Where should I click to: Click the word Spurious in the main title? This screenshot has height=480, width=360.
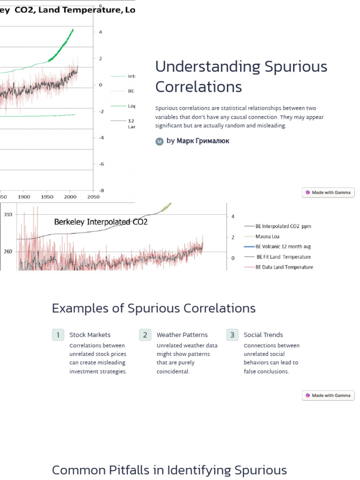[296, 67]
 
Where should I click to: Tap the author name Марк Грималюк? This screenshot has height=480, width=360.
[203, 141]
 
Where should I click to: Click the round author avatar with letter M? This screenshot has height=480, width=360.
[159, 141]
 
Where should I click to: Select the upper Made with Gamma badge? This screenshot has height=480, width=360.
[328, 192]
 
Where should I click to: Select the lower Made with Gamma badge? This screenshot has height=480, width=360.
[328, 395]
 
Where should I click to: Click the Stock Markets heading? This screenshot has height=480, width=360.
[90, 335]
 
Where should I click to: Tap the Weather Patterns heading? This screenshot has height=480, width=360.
[182, 335]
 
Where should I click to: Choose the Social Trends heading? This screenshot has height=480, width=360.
[263, 335]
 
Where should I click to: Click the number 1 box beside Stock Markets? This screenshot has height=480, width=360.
[58, 335]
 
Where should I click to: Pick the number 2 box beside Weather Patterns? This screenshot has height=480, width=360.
[145, 335]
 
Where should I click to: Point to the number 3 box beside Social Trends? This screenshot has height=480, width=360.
[232, 335]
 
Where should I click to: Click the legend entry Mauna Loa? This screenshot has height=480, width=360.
[267, 236]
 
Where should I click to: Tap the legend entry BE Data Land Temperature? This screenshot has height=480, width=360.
[284, 267]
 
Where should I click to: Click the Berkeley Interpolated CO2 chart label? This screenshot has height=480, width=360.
[101, 222]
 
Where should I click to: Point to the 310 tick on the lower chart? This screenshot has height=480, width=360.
[8, 214]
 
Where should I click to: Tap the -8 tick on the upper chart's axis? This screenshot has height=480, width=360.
[101, 190]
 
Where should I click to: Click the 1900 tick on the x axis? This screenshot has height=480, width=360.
[24, 197]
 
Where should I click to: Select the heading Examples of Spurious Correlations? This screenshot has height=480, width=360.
[154, 308]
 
